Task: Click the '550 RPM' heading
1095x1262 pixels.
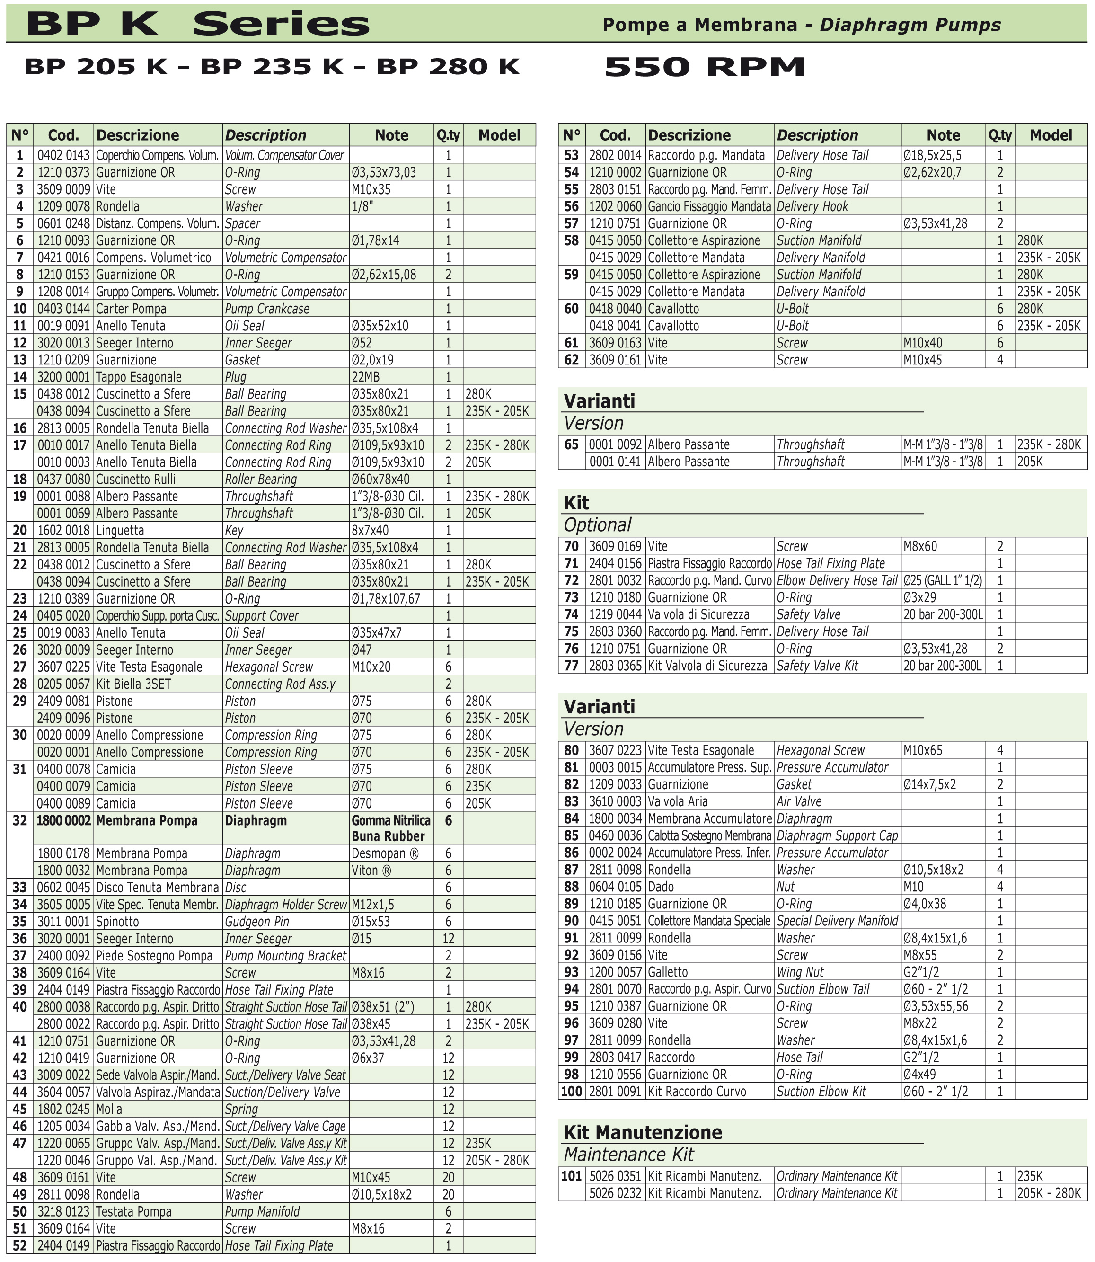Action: coord(705,67)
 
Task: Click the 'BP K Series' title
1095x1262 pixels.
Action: coord(197,25)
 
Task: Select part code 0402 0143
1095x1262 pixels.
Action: coord(63,155)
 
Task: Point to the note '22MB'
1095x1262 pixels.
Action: coord(365,377)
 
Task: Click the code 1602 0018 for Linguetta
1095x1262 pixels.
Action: coord(63,531)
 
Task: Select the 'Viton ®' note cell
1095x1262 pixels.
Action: coord(371,870)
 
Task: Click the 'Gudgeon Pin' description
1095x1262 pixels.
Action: coord(256,922)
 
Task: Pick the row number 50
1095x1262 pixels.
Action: coord(20,1211)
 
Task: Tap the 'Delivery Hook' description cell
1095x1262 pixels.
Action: coord(812,206)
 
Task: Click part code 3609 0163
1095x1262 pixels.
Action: coord(615,343)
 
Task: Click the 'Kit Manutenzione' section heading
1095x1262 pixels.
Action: coord(642,1132)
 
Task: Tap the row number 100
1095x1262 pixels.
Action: coord(571,1091)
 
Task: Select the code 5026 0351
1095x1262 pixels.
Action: coord(615,1176)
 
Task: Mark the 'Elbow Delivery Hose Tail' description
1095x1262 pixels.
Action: coord(837,580)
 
